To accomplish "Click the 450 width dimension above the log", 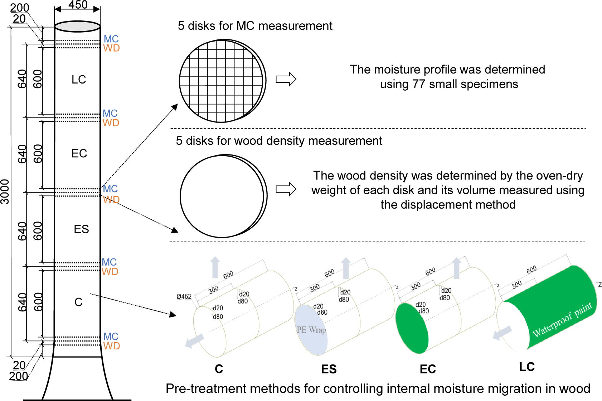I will pos(78,5).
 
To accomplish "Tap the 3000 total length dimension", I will pos(5,192).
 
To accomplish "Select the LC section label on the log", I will pos(79,80).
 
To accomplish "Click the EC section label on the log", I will pos(79,154).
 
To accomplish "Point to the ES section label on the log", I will pos(81,229).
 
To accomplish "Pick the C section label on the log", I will pos(78,302).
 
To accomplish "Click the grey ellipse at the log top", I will pos(77,27).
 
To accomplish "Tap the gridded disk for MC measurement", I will pos(222,81).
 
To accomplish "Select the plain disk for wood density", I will pos(222,196).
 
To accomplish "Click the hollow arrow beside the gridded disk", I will pos(286,79).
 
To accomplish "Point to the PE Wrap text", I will pos(311,330).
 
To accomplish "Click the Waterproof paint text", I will pos(562,320).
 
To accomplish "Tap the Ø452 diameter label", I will pos(184,297).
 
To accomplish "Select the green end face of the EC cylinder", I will pos(412,328).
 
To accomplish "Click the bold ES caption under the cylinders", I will pos(329,369).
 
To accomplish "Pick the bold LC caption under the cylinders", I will pos(527,367).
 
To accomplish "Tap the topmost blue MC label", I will pos(111,39).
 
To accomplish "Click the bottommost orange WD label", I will pos(111,346).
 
